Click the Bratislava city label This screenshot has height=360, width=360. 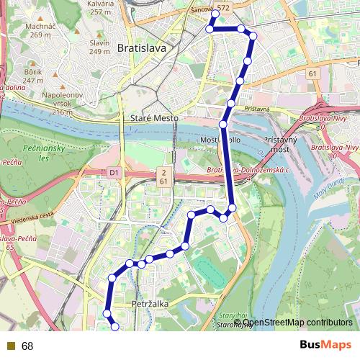(141, 49)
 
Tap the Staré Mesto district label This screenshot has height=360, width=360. (153, 117)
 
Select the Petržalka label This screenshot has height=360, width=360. (150, 305)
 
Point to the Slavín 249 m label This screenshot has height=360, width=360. (99, 47)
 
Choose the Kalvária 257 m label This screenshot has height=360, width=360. (100, 8)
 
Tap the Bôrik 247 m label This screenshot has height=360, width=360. (33, 76)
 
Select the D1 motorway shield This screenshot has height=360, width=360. (114, 173)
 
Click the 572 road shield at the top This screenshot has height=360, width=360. (223, 6)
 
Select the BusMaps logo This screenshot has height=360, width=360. (325, 346)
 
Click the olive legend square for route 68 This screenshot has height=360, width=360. (10, 346)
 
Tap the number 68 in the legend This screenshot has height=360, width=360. (27, 346)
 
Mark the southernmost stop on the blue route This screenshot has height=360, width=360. (114, 327)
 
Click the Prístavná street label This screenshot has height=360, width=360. (257, 108)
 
